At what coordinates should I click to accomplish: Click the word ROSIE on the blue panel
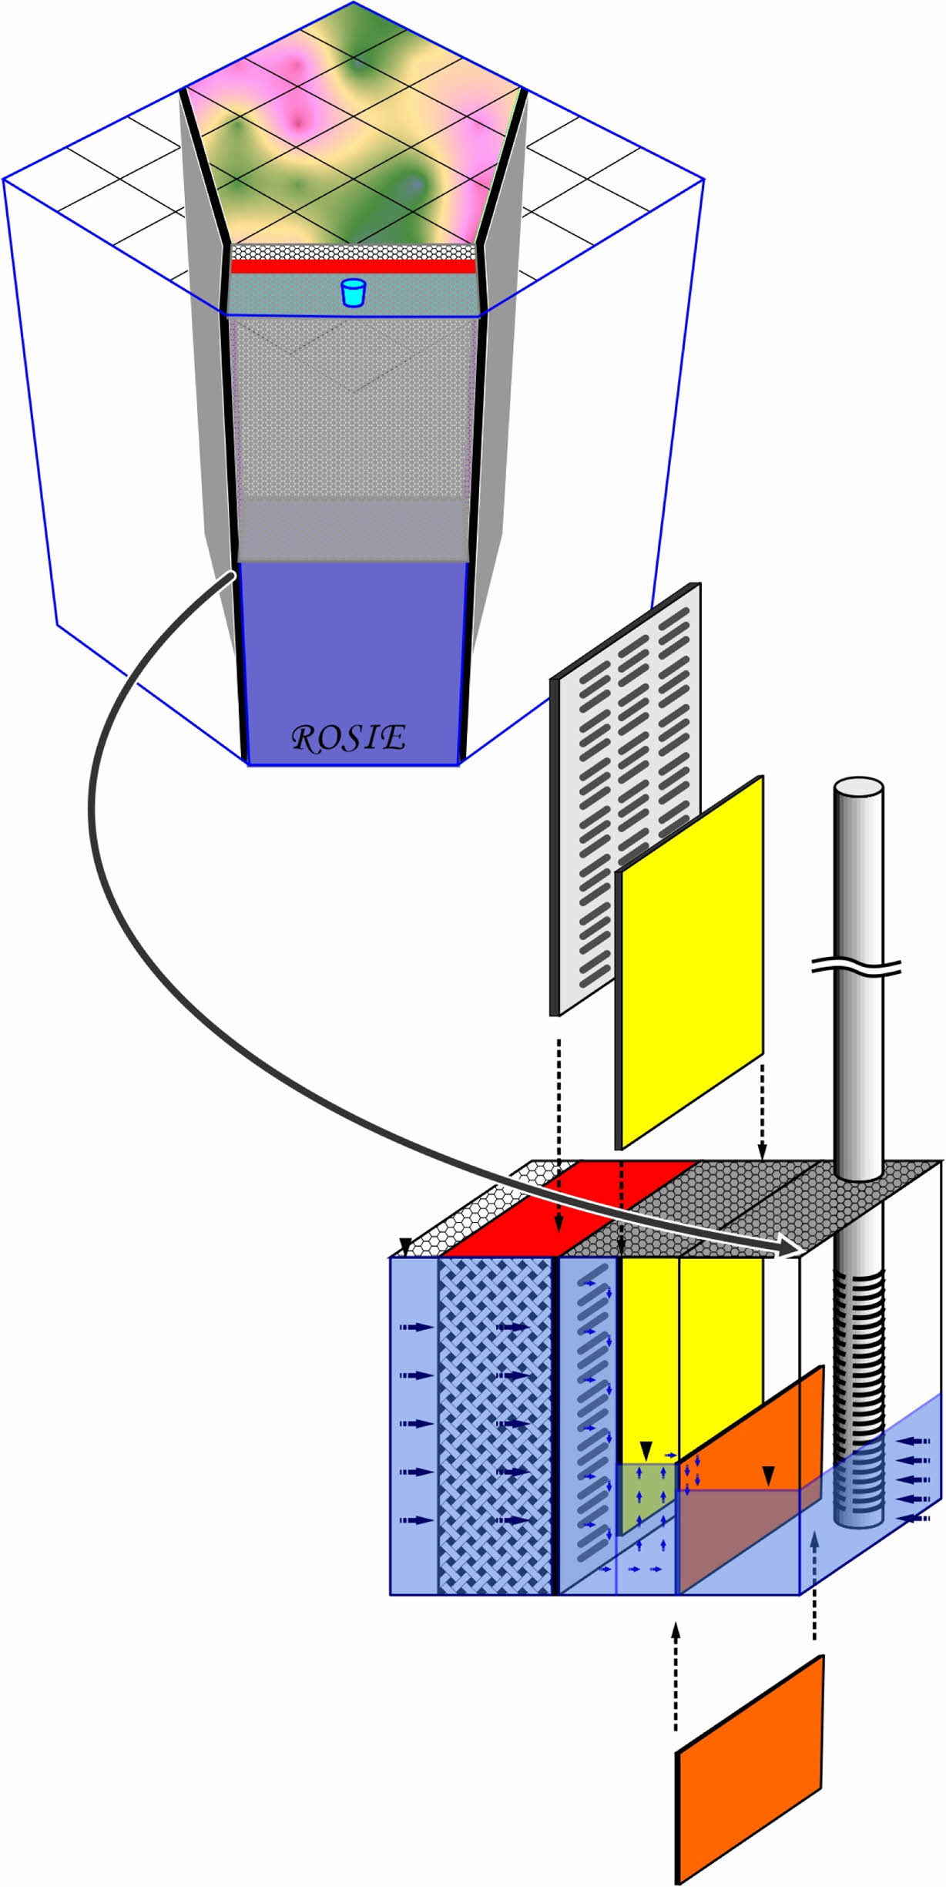point(348,738)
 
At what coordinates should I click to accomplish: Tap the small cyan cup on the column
point(353,293)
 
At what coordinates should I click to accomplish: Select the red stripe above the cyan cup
point(353,267)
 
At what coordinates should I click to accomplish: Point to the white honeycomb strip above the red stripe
point(353,252)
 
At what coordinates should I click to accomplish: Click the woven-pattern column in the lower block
point(495,1425)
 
